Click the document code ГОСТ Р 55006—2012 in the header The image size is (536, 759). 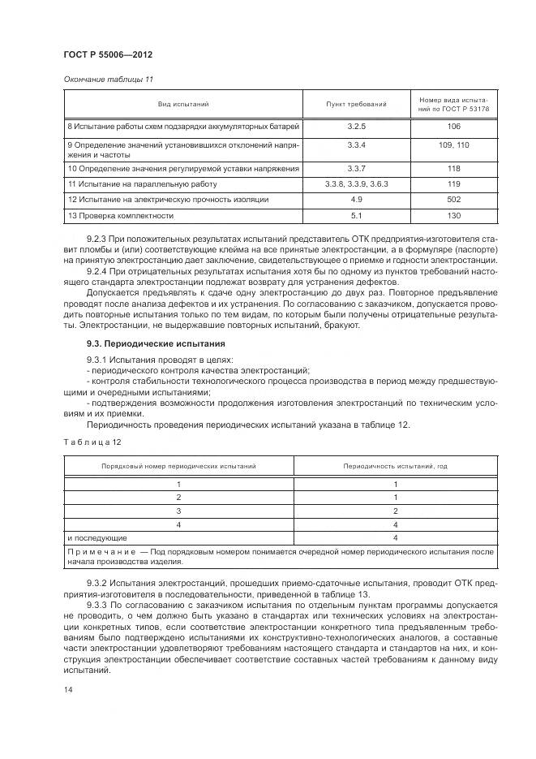(107, 54)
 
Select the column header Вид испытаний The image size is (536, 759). (183, 105)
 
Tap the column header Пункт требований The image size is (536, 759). (356, 105)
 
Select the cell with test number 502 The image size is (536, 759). (453, 199)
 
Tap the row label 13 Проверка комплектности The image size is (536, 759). (120, 216)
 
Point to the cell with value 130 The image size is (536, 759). (453, 216)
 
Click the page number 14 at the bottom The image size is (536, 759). (67, 689)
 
